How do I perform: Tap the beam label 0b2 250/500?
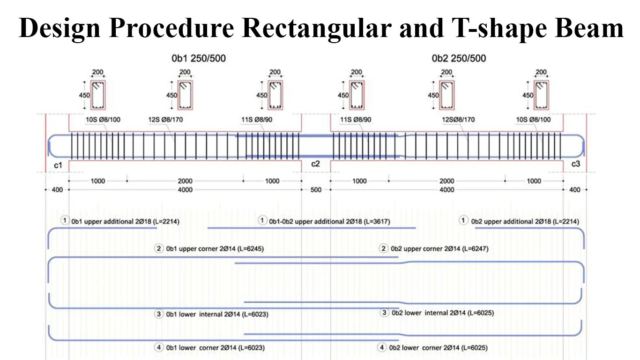459,59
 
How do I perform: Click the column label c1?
58,165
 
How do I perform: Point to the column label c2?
315,164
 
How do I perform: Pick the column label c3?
575,164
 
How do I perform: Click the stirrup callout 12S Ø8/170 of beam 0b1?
165,120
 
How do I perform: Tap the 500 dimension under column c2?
316,190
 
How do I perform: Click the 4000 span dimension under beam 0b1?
185,190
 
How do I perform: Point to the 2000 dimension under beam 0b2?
447,181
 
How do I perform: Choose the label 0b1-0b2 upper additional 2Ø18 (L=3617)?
329,221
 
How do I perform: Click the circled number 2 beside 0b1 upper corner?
159,249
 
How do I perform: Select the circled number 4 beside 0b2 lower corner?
383,348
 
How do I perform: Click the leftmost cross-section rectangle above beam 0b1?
98,95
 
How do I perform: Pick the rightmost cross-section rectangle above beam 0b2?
541,95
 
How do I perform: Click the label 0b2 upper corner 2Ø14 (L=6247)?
439,249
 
